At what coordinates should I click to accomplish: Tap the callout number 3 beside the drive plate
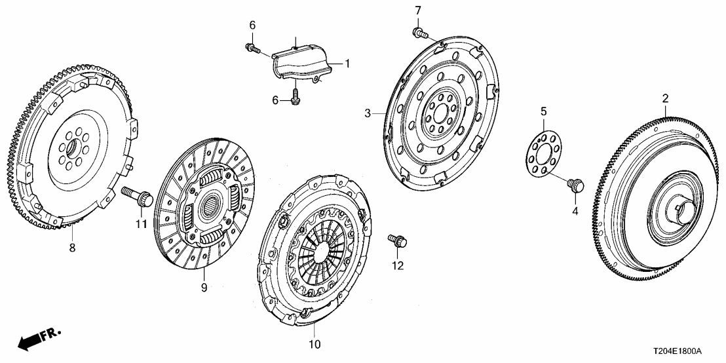(369, 113)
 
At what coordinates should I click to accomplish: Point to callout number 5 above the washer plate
(543, 112)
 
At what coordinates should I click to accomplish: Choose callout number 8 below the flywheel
(72, 248)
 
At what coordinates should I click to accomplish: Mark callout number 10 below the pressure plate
(314, 344)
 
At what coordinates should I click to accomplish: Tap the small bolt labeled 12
(398, 242)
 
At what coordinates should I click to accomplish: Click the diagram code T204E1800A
(685, 353)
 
